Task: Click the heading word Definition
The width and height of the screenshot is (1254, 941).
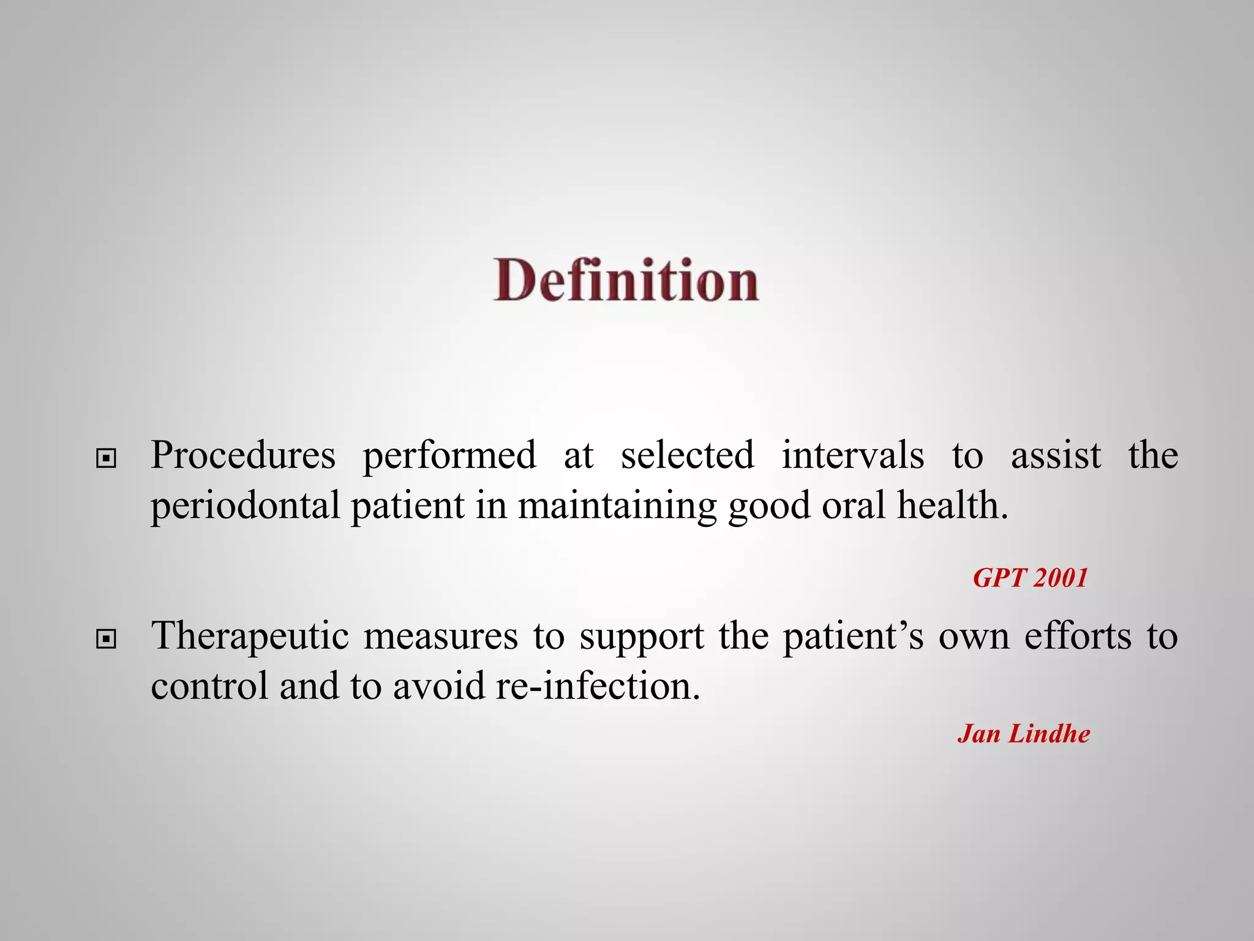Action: point(626,281)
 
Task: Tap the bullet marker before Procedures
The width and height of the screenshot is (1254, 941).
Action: point(107,458)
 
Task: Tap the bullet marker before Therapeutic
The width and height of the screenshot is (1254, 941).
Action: point(107,640)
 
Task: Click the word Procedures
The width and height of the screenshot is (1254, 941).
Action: point(243,456)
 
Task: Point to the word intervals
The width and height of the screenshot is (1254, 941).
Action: point(852,456)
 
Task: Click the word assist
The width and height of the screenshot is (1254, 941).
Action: point(1056,456)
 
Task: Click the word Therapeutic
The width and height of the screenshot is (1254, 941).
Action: point(250,637)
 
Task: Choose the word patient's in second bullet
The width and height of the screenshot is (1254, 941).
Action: point(854,637)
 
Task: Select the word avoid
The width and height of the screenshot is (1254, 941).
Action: point(439,686)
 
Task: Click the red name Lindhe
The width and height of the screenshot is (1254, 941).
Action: point(1049,734)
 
